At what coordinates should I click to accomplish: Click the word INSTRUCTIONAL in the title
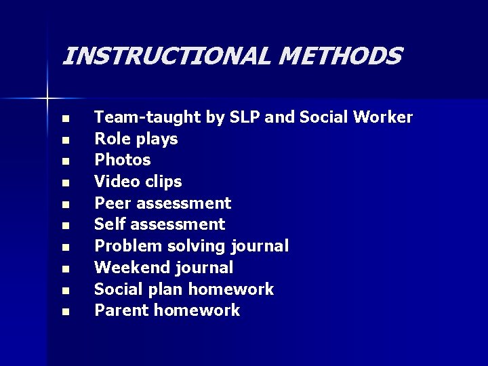point(165,56)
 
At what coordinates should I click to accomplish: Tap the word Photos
point(122,160)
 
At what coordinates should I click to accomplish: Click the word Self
point(109,224)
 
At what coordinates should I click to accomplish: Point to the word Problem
point(125,246)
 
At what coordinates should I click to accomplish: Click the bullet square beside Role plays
point(64,140)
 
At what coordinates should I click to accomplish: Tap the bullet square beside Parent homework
point(64,312)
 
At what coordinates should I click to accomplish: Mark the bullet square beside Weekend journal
point(64,269)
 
